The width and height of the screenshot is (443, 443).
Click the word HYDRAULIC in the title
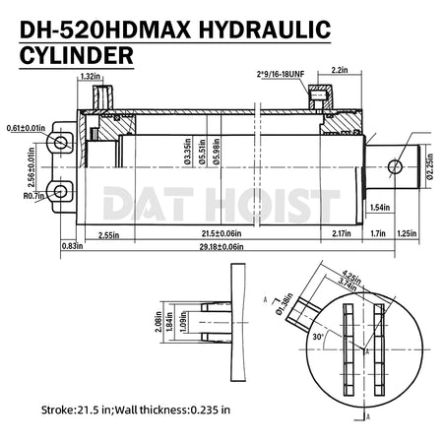(264, 30)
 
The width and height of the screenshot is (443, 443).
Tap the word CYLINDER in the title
(77, 55)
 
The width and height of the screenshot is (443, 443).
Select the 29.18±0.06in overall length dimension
(221, 247)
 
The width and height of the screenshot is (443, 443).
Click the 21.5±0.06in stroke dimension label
(221, 233)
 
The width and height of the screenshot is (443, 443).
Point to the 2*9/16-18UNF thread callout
(281, 74)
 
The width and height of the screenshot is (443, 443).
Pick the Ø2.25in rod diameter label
(430, 166)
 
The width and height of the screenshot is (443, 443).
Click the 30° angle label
(318, 337)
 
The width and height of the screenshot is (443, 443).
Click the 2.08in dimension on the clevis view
(158, 322)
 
